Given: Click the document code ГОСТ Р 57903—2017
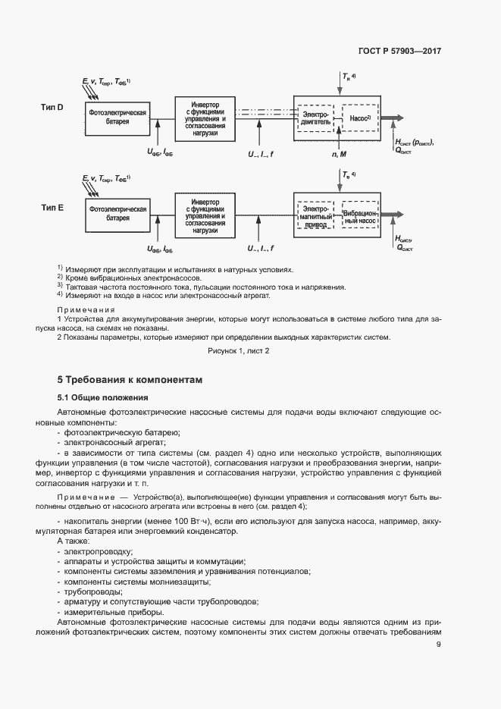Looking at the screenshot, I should click(x=399, y=52).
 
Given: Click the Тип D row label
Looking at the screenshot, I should click(x=52, y=108).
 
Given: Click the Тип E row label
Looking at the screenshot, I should click(x=52, y=206).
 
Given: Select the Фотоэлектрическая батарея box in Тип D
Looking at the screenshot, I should click(x=117, y=117).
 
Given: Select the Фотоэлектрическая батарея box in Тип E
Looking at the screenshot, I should click(x=117, y=213).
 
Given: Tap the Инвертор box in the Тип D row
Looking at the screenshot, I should click(x=205, y=117).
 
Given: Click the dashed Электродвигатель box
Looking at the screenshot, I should click(x=315, y=118).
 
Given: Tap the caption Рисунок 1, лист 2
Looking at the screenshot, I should click(x=239, y=351).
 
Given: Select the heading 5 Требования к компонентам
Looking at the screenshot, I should click(x=130, y=379).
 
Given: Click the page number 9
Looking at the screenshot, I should click(x=439, y=645).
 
